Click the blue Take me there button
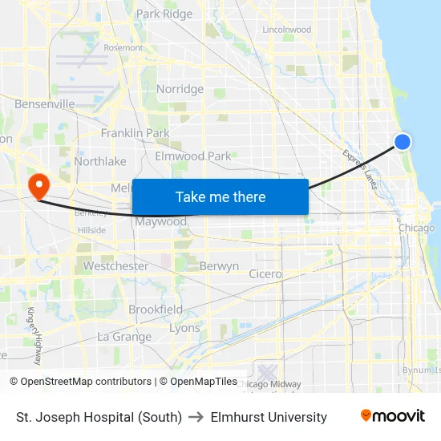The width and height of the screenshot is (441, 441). tap(220, 196)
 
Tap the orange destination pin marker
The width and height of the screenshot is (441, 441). tap(38, 186)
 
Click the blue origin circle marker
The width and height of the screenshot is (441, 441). tap(403, 142)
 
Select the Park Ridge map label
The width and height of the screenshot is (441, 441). tap(164, 14)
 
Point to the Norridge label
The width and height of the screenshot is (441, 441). tap(180, 89)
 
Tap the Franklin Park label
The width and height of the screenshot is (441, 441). tap(135, 133)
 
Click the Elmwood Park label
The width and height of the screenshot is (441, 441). tap(192, 156)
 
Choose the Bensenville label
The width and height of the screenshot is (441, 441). tap(45, 104)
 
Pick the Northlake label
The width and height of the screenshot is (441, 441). tap(100, 161)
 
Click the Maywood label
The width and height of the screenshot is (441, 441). tap(160, 221)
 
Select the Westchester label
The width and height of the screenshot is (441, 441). tap(115, 266)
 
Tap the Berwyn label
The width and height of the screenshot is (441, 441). tap(219, 266)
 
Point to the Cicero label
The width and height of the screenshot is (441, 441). tap(265, 274)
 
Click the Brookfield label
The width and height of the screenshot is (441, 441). tap(156, 310)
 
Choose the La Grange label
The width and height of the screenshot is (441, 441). tap(124, 337)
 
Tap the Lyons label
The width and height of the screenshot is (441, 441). tap(184, 329)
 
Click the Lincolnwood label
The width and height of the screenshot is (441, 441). tap(286, 30)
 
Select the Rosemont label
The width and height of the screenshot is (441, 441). tap(123, 48)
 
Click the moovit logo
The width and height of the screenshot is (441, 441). tap(392, 416)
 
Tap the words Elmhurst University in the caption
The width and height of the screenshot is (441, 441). tap(269, 417)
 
